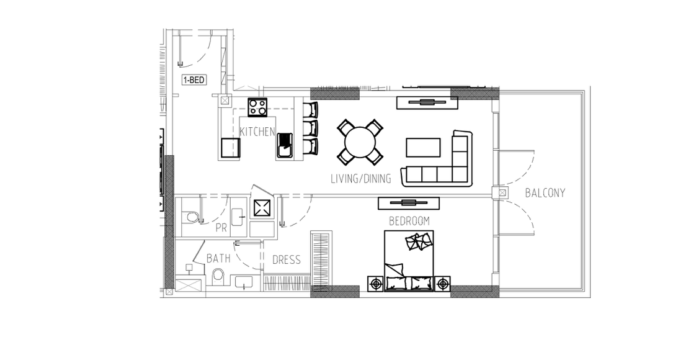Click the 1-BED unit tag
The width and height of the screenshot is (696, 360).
[194, 80]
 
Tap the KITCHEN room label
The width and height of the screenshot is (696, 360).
[257, 132]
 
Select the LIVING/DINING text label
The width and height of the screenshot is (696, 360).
[361, 179]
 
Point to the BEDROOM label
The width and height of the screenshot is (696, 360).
[409, 220]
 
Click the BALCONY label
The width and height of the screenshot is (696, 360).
[545, 193]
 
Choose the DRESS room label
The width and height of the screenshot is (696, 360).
[287, 259]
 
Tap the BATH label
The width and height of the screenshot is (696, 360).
[218, 258]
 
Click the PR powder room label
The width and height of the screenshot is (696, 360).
[221, 228]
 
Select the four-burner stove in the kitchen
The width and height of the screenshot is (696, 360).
[257, 107]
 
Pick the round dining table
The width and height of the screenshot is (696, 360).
[360, 142]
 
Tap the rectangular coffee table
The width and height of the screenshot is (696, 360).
[423, 147]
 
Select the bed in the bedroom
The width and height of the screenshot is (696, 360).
[409, 261]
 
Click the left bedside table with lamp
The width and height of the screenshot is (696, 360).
[376, 283]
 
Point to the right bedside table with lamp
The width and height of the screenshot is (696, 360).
[442, 283]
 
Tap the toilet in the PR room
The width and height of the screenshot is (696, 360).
[191, 217]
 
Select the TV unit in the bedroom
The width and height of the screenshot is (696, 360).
[409, 203]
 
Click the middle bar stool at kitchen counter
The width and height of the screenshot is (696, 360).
[311, 128]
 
